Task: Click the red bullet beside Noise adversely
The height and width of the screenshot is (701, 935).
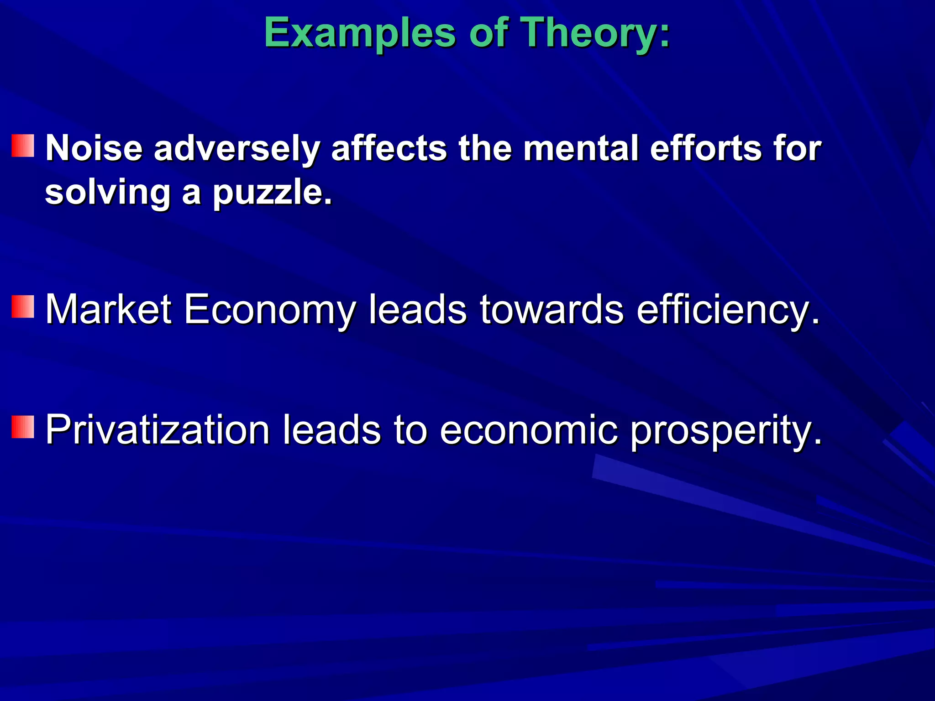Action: tap(23, 146)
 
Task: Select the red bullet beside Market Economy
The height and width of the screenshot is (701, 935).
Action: tap(23, 306)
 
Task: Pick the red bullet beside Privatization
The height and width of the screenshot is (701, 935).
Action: tap(23, 427)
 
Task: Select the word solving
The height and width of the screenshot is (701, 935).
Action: tap(108, 193)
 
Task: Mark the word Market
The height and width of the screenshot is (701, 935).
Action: tap(109, 309)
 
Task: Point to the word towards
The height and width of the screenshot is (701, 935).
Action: tap(552, 309)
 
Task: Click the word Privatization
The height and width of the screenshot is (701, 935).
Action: tap(158, 430)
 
